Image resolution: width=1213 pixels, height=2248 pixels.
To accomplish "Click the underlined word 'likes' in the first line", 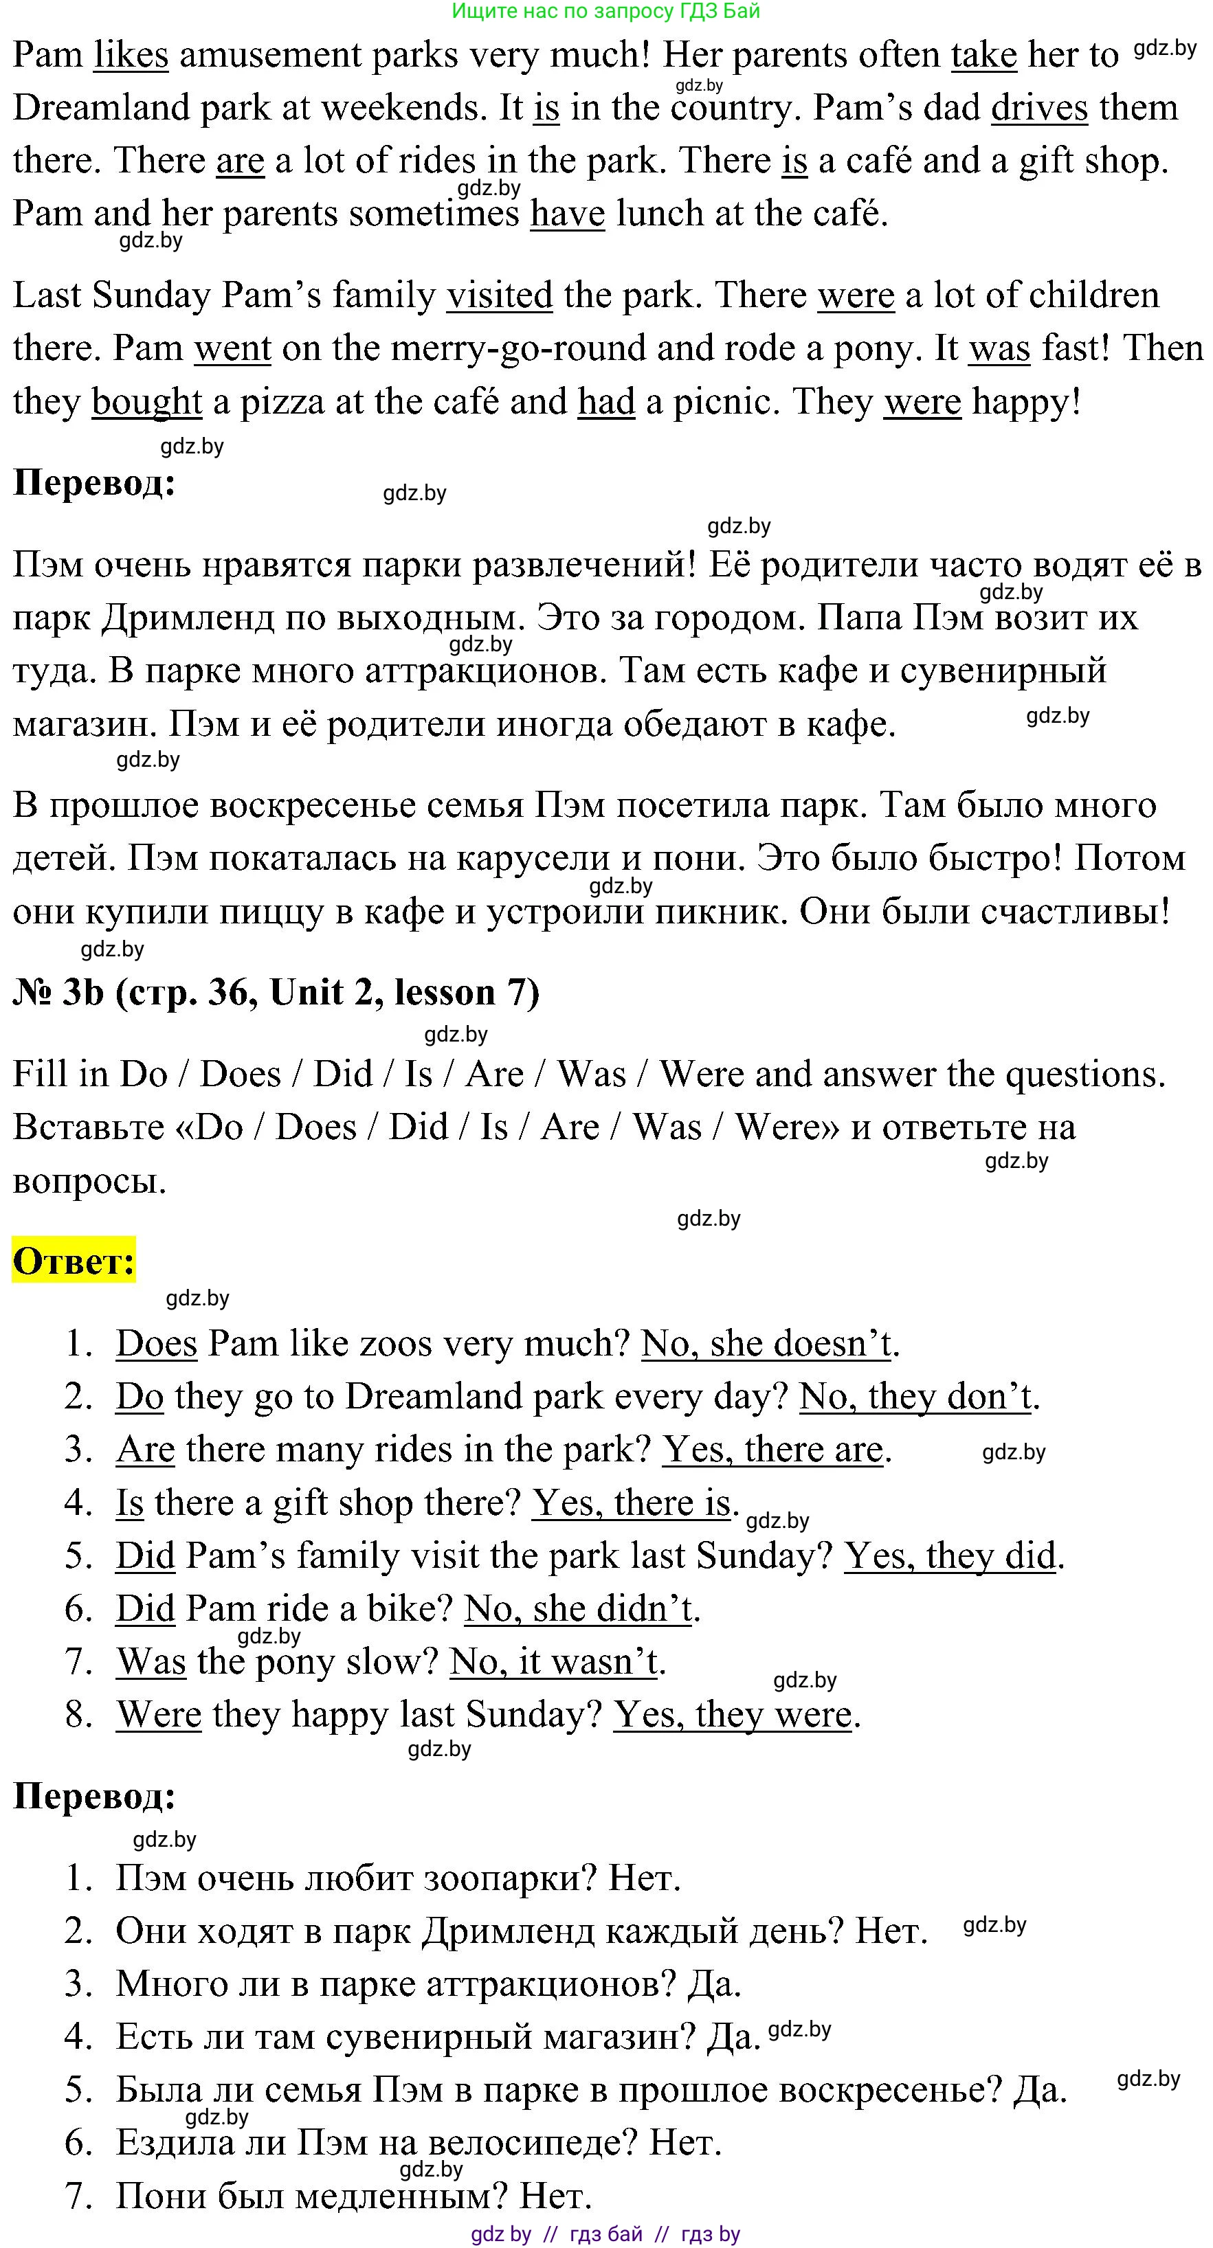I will pyautogui.click(x=131, y=56).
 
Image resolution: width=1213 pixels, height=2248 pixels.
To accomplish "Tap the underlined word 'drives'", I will pyautogui.click(x=1039, y=109).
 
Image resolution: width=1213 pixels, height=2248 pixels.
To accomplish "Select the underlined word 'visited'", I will pyautogui.click(x=499, y=296).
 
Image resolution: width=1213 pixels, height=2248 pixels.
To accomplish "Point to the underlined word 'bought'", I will pyautogui.click(x=146, y=403).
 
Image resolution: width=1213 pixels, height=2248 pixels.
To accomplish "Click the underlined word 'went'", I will pyautogui.click(x=232, y=349).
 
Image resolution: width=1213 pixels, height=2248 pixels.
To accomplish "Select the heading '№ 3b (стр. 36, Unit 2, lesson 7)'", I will pyautogui.click(x=276, y=993).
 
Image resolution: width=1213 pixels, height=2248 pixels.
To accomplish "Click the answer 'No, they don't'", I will pyautogui.click(x=915, y=1397).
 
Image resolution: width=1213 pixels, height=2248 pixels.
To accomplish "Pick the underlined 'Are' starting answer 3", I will pyautogui.click(x=145, y=1450).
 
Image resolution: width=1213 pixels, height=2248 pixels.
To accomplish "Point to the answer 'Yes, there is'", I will pyautogui.click(x=631, y=1503).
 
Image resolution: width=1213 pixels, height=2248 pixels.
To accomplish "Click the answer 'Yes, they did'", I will pyautogui.click(x=950, y=1556).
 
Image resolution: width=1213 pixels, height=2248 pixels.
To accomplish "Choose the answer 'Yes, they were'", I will pyautogui.click(x=732, y=1715).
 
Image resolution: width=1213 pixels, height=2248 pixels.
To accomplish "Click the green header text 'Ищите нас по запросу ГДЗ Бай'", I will pyautogui.click(x=605, y=12).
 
